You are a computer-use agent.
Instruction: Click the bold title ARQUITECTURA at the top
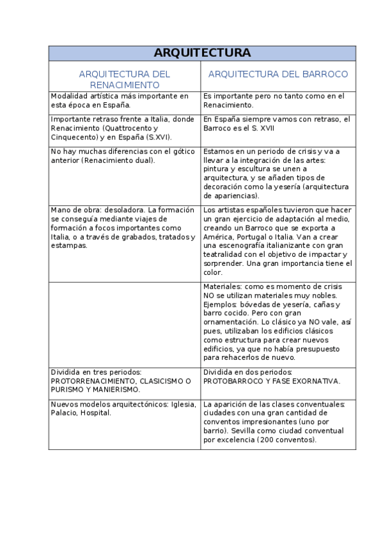click(x=202, y=53)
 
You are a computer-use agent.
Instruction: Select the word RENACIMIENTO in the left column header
click(x=124, y=84)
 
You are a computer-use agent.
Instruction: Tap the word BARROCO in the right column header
click(x=325, y=74)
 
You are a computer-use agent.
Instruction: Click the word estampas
click(x=68, y=245)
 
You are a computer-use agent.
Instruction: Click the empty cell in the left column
click(x=125, y=323)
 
